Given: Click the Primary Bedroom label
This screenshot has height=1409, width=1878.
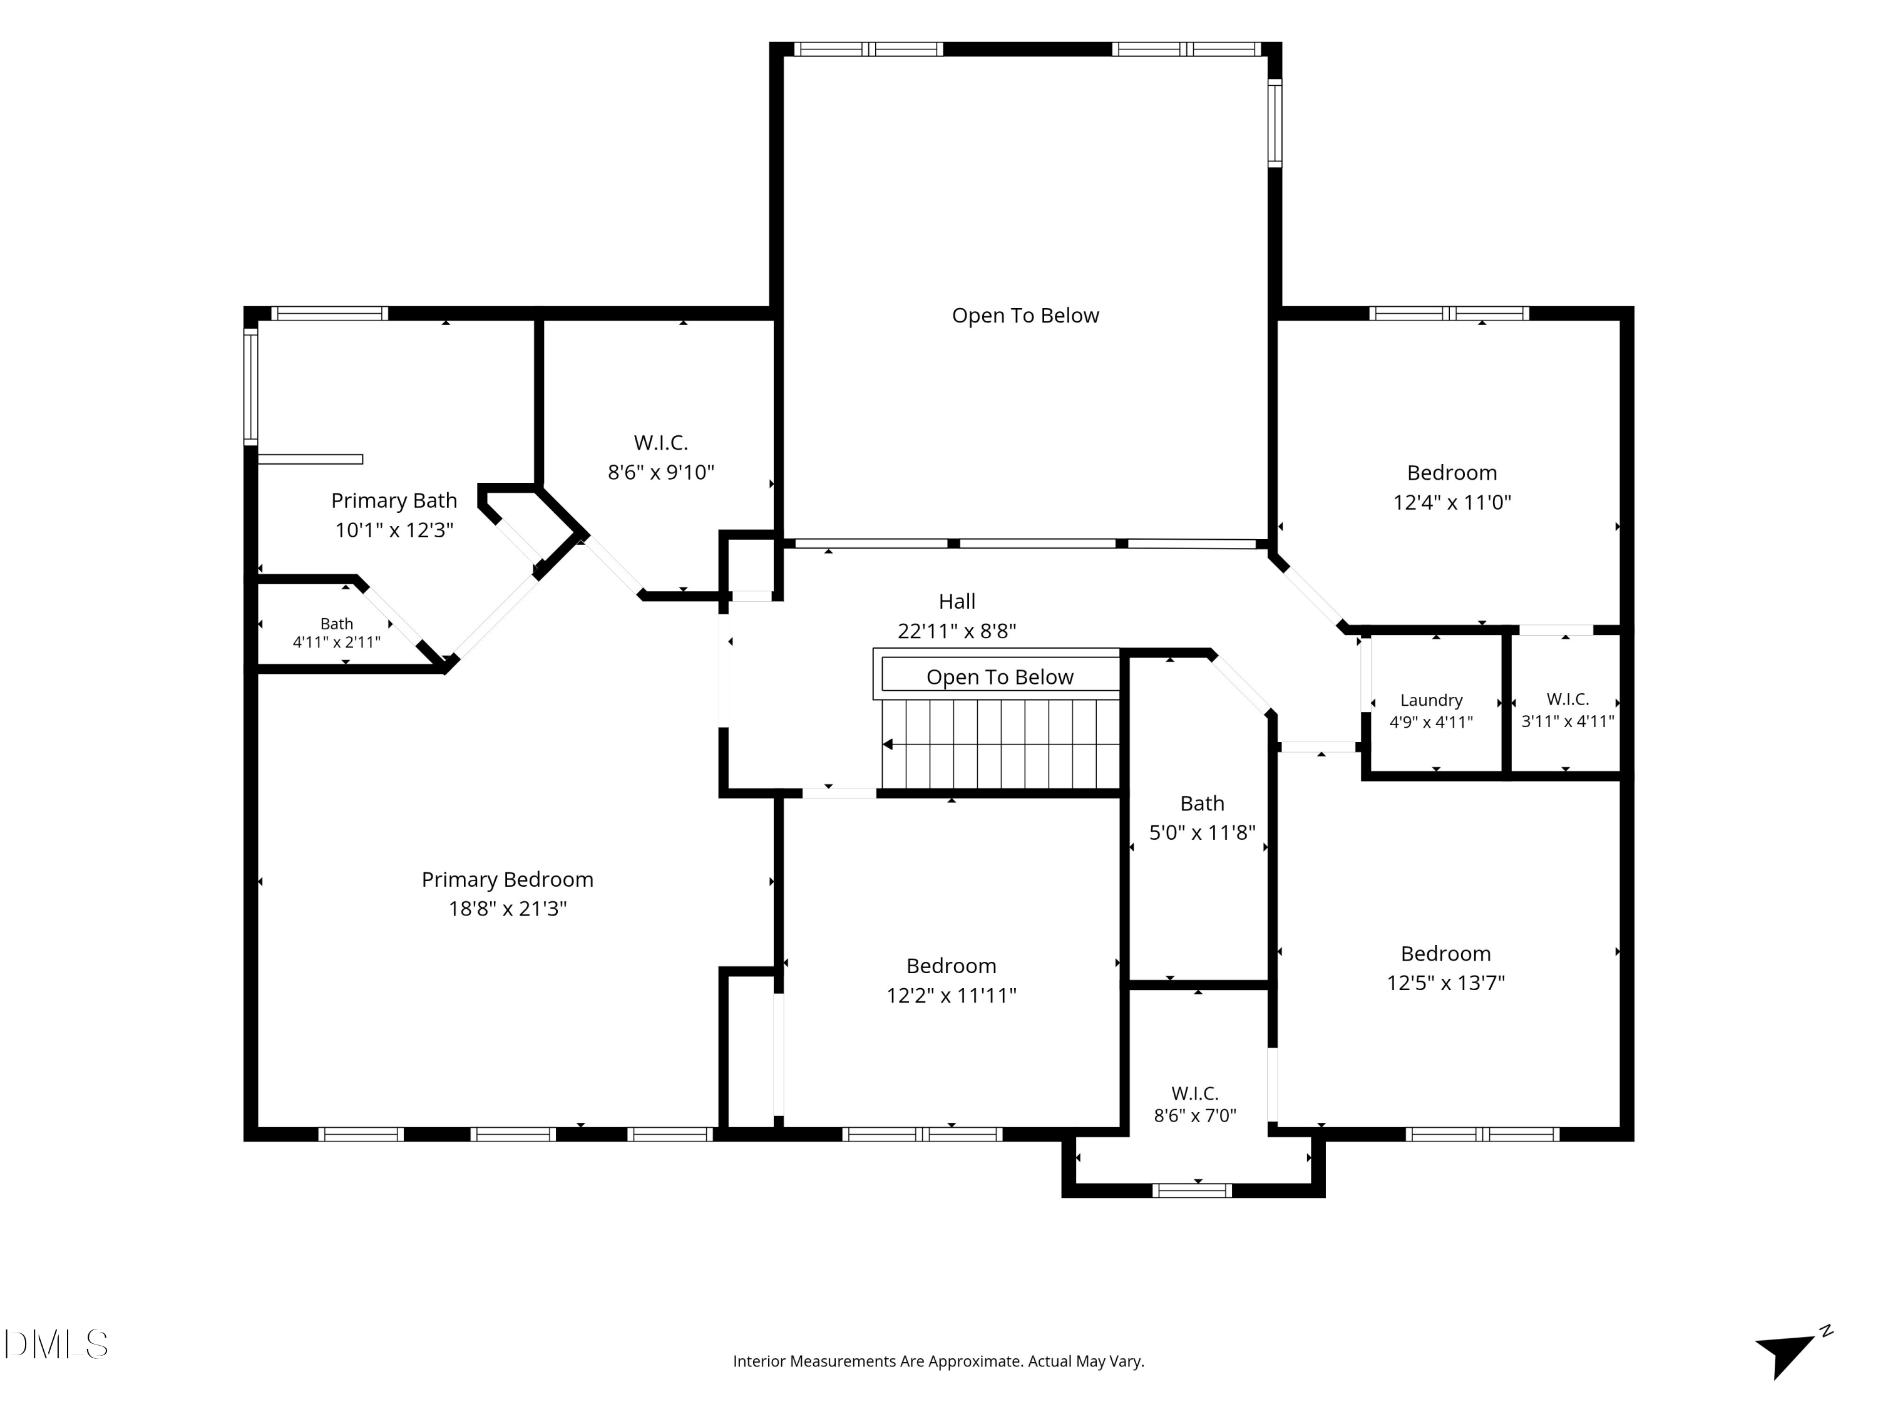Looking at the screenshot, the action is click(507, 879).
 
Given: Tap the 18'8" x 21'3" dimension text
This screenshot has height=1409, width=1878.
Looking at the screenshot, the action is click(507, 909).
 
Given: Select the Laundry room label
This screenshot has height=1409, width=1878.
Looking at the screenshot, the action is click(1432, 701).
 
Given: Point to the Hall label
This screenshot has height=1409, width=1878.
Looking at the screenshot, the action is click(957, 601).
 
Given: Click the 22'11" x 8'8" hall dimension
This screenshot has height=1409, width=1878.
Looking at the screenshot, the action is click(957, 631).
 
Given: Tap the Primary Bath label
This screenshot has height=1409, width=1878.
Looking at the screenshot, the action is click(394, 501).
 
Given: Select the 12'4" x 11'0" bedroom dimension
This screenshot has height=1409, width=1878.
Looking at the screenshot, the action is click(1452, 502).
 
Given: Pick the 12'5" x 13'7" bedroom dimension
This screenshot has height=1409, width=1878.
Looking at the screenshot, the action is click(1446, 983).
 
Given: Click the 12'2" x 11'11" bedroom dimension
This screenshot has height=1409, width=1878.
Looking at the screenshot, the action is click(952, 996).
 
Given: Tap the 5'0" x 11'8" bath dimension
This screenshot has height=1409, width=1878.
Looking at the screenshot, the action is click(1202, 833).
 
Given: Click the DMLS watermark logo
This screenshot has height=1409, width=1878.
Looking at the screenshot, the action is click(56, 1344).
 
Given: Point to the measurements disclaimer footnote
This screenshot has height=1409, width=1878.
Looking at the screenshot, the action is click(938, 1361).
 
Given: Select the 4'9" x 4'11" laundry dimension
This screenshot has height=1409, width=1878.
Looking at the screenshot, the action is click(1432, 723).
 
